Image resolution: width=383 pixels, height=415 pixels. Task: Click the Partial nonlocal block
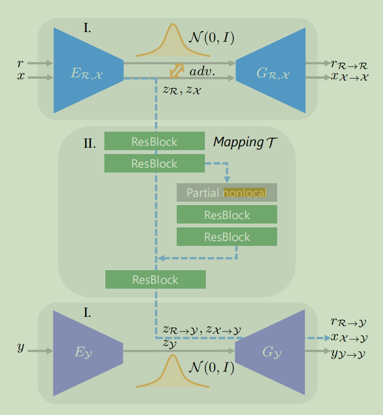click(x=227, y=192)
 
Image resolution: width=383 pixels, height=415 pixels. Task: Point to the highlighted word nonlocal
click(x=245, y=193)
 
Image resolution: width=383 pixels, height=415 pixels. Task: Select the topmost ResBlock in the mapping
click(x=154, y=141)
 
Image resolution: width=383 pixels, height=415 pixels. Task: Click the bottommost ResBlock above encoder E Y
click(x=155, y=279)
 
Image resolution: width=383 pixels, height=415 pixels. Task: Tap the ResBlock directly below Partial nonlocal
click(x=227, y=215)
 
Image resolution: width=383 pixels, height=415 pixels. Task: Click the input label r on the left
click(x=20, y=63)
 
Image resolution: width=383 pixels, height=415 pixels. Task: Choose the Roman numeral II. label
click(x=89, y=143)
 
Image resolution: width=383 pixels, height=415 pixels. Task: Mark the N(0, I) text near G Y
click(x=211, y=368)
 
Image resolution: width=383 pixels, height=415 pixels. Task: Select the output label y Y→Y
click(x=349, y=354)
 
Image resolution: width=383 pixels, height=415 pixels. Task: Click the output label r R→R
click(x=348, y=64)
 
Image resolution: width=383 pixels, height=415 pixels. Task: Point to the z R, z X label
click(x=183, y=90)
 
